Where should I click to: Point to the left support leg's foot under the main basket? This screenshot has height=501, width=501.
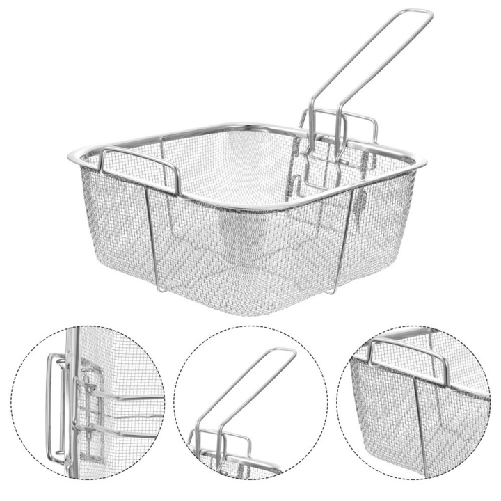[158, 289]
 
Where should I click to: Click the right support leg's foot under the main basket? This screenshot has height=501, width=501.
[335, 291]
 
